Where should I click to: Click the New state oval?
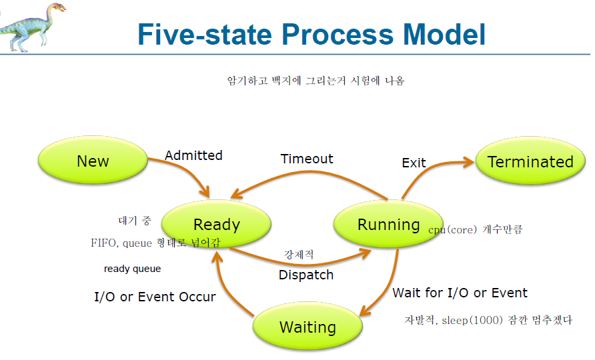coord(93,161)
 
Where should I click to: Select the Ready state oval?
coord(216,225)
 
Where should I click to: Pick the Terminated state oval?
coord(530,161)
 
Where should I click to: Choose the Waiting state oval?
coord(308,327)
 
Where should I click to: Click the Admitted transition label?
coord(193,155)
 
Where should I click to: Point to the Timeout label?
coord(306,159)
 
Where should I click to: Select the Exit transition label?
coord(414,163)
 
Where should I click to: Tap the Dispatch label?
coord(306,274)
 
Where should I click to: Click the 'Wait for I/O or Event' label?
coord(460,293)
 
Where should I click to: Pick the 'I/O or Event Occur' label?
coord(155,297)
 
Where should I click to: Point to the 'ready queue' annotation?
coord(132,269)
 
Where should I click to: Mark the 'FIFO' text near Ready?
coord(104,243)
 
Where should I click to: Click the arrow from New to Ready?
coord(190,173)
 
